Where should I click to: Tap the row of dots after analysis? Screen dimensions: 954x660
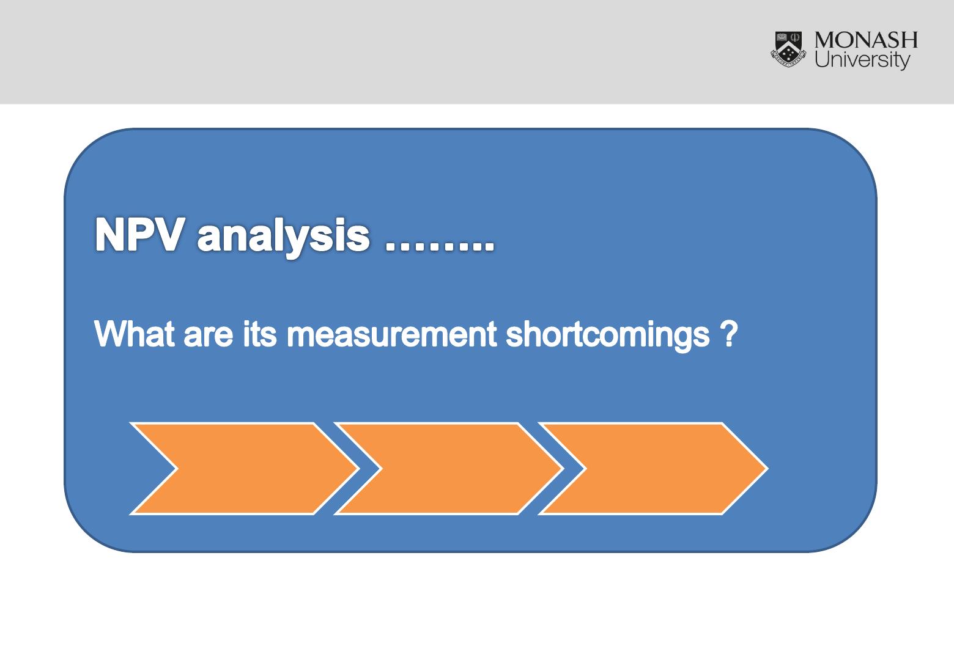[x=440, y=248]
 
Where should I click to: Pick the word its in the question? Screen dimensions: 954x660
[x=260, y=334]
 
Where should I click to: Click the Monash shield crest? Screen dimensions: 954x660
[x=788, y=50]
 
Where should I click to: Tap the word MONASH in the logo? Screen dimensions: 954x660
[x=866, y=40]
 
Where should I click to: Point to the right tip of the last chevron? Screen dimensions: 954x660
[x=768, y=469]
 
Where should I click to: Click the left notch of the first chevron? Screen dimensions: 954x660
[x=177, y=469]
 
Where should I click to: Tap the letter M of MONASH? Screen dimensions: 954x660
[x=825, y=40]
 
